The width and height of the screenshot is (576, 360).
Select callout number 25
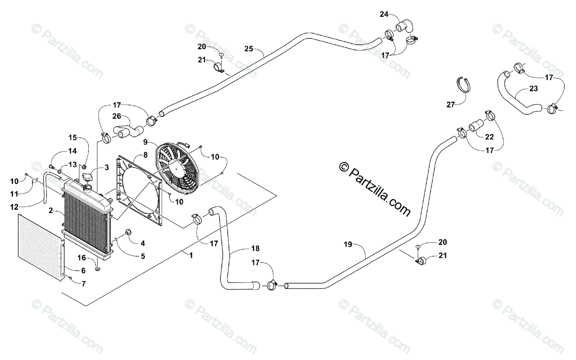248,48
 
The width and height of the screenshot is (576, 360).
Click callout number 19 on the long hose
348,244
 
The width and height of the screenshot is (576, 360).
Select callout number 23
534,88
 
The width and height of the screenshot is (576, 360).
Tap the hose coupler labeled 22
475,126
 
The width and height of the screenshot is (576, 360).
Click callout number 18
255,248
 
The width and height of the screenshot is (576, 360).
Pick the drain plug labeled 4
128,233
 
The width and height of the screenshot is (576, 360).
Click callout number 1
191,255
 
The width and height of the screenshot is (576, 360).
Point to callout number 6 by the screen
83,271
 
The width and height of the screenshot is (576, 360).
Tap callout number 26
117,116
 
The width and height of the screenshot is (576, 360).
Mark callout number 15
72,137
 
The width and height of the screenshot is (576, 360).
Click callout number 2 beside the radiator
50,210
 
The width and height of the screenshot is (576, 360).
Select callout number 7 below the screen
84,284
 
